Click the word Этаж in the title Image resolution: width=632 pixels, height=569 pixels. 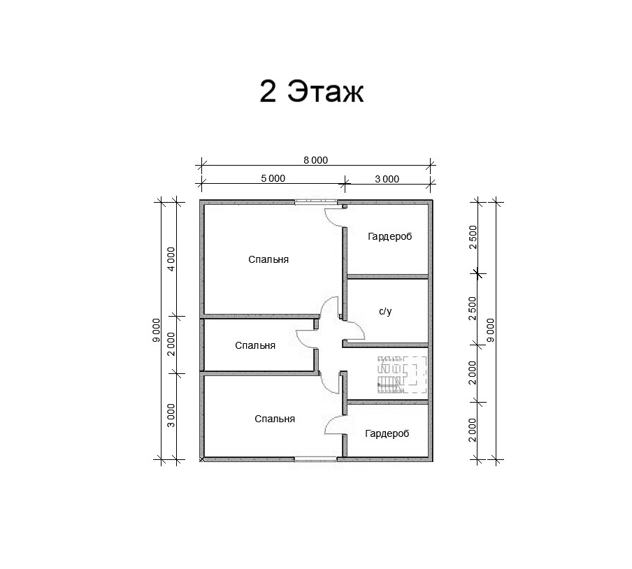click(326, 92)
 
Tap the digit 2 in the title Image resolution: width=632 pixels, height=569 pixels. click(268, 91)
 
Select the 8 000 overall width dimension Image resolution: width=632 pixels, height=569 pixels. click(315, 160)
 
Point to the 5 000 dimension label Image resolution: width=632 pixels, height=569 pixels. click(273, 178)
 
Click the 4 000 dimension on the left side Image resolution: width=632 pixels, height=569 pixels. click(171, 259)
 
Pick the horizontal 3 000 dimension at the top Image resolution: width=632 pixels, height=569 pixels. click(387, 179)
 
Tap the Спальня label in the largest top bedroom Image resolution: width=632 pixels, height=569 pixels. click(268, 259)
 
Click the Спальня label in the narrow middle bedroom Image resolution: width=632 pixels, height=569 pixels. click(255, 345)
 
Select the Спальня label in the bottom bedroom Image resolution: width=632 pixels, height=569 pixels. click(275, 419)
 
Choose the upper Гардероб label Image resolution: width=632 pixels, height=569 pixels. click(390, 236)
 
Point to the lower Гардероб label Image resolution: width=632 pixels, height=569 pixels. click(387, 433)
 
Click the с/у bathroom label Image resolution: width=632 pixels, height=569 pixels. click(385, 311)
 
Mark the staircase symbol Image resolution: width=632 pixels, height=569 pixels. click(402, 375)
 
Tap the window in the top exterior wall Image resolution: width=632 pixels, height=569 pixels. click(316, 202)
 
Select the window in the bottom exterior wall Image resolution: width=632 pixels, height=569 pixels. click(315, 459)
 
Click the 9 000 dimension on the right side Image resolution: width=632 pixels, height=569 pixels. click(491, 330)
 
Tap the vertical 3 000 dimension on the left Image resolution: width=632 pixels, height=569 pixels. click(171, 415)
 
